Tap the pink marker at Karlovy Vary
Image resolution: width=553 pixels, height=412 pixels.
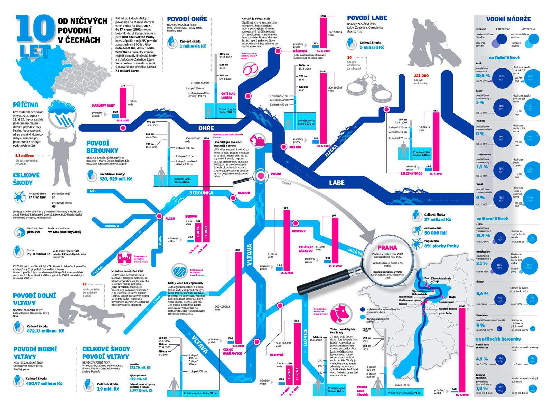(123, 128)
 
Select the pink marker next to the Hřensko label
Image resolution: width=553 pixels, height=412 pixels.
(278, 51)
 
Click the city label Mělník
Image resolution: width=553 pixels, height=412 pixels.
(296, 147)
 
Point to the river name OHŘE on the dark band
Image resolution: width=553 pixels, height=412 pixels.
(206, 128)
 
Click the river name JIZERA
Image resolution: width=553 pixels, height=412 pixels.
(331, 151)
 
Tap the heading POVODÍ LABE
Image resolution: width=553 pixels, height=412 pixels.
(367, 18)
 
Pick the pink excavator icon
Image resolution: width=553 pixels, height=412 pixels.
(257, 139)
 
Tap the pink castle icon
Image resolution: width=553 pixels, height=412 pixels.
(125, 258)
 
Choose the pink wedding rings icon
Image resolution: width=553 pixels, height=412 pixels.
(251, 70)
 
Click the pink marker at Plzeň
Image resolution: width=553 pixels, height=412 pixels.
(159, 216)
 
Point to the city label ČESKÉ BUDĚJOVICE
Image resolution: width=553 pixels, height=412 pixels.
(232, 351)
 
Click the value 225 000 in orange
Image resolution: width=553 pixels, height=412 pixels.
(421, 76)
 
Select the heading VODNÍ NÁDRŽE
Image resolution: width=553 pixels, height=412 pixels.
(508, 19)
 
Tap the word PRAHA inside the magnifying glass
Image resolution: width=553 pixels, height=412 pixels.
(387, 248)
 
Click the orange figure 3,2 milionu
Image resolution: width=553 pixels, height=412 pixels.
(25, 156)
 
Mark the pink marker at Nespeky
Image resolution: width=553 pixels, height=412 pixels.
(296, 223)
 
